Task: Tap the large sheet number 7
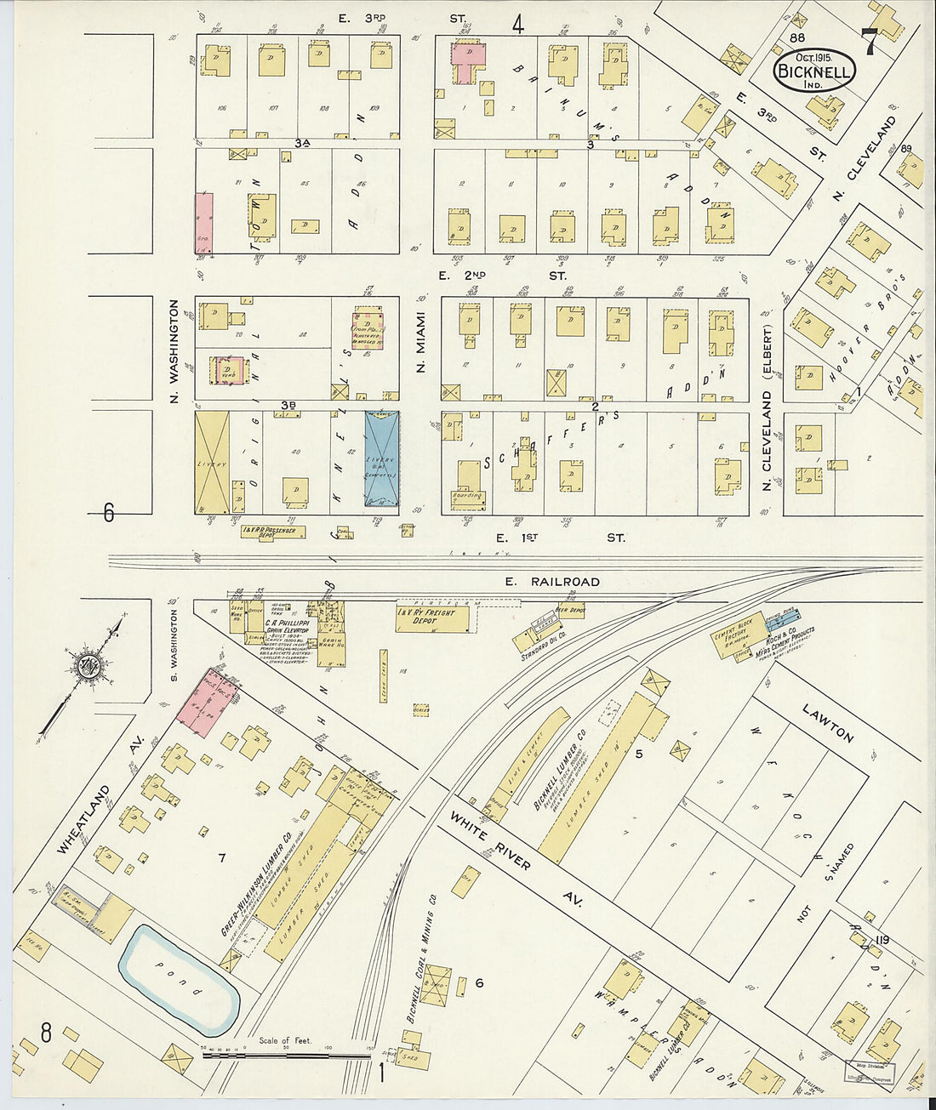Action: [869, 42]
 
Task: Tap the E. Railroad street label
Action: [551, 582]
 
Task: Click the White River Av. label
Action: [515, 859]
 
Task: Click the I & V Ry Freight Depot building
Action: [432, 618]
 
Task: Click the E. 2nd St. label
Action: [502, 276]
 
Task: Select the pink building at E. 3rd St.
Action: [467, 61]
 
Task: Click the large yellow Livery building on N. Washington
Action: [212, 462]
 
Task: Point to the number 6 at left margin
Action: [108, 513]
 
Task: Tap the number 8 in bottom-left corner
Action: [46, 1033]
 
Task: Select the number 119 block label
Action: [881, 940]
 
